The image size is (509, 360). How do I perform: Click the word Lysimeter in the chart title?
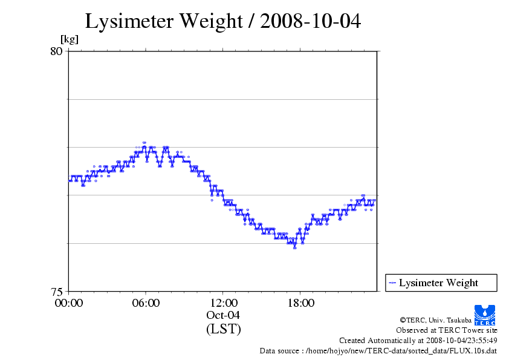click(x=128, y=21)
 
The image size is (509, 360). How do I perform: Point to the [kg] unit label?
click(x=70, y=40)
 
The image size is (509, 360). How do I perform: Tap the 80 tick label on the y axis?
click(x=56, y=51)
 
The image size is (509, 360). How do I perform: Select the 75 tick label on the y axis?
click(x=56, y=291)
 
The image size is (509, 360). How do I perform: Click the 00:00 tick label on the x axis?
click(x=69, y=303)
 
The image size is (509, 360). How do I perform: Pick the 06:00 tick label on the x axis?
click(x=146, y=303)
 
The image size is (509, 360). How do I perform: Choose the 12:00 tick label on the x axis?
click(x=223, y=303)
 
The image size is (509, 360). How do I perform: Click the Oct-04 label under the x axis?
click(x=224, y=315)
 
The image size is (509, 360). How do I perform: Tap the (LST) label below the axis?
click(x=224, y=329)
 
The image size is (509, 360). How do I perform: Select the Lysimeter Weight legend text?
click(x=438, y=283)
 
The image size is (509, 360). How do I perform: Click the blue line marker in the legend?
click(x=392, y=283)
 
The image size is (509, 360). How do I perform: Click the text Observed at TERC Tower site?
click(x=447, y=330)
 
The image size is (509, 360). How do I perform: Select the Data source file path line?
click(x=378, y=350)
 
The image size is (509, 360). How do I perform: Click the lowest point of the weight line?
click(x=295, y=247)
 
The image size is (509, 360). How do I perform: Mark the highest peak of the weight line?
click(x=144, y=143)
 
